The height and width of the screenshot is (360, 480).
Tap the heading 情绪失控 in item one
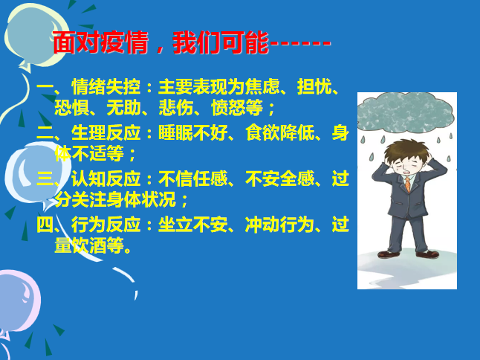pos(106,87)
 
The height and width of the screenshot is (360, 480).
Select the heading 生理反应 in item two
pos(106,133)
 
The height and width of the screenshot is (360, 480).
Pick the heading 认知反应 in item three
pos(106,179)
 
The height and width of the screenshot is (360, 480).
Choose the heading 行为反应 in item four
pos(106,225)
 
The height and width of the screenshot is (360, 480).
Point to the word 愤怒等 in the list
pos(236,108)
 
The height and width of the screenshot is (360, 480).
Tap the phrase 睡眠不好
pos(192,133)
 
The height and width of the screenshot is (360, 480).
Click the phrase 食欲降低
pos(279,133)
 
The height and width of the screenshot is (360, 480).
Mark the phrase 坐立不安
pos(192,225)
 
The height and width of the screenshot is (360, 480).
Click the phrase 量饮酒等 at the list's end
pos(88,245)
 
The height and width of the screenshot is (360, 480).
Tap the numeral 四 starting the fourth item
pos(45,225)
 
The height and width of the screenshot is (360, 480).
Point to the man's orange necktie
pos(408,184)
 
